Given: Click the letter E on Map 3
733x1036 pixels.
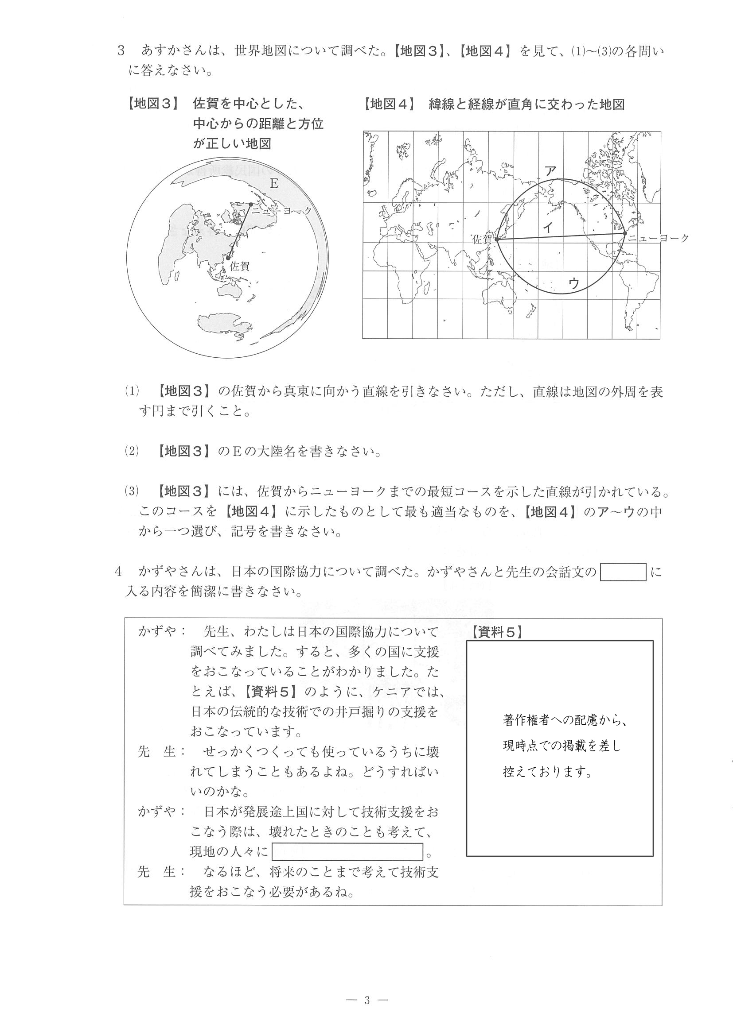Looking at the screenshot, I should point(274,184).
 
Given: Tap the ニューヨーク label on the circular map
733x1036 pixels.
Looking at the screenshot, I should point(282,211).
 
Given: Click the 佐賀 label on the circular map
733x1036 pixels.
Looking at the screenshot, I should point(239,266).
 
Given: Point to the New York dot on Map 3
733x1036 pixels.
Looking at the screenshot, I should point(251,205).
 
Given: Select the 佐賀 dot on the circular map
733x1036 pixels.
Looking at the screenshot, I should point(229,258).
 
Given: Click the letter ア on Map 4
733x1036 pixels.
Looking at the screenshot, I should point(550,170).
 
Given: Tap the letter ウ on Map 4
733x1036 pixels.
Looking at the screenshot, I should point(573,283).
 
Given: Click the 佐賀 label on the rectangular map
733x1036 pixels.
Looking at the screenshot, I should point(481,239).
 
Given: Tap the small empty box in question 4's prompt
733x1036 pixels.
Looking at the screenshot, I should point(623,572).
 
